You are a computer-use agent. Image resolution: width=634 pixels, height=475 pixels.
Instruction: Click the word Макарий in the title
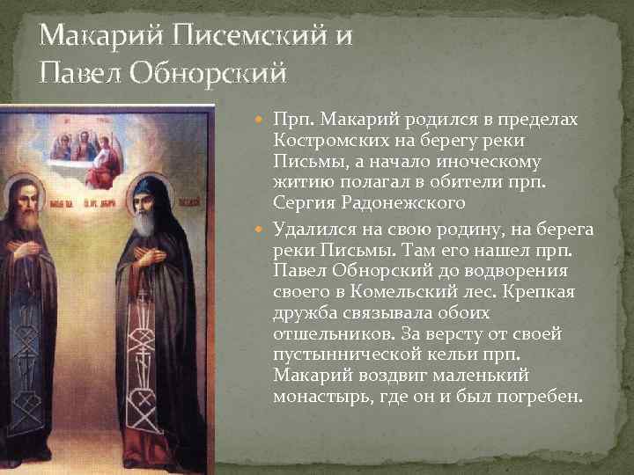(x=94, y=36)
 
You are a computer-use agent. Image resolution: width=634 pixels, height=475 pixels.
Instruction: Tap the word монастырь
(x=321, y=397)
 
